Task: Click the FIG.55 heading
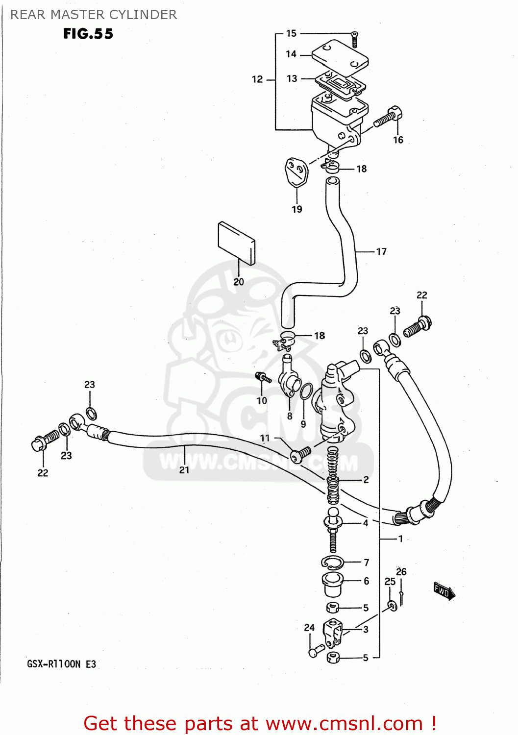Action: (x=88, y=34)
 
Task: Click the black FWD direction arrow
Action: (x=444, y=591)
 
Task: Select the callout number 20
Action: (x=239, y=282)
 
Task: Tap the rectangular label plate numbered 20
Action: (x=236, y=243)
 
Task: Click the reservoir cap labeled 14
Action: (x=340, y=57)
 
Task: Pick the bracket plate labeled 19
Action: (x=296, y=172)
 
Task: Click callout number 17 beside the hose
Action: (x=381, y=252)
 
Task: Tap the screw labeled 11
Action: (x=300, y=454)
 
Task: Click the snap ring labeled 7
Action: (x=332, y=563)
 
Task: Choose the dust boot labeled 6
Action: (x=333, y=583)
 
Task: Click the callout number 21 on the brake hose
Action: (x=184, y=470)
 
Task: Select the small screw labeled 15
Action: (x=355, y=38)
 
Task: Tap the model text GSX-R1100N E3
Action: (x=62, y=664)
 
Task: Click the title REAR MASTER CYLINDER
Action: (x=94, y=15)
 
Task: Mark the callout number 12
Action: (x=257, y=79)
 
